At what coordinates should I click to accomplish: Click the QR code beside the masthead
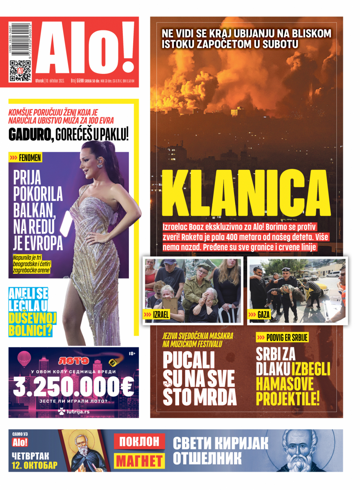pos(20,71)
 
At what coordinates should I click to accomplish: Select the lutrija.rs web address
pos(78,410)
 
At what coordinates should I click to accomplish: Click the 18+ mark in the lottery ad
pos(132,354)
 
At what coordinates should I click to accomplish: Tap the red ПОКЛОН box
pos(140,442)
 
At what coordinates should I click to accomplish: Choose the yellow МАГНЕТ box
pos(140,460)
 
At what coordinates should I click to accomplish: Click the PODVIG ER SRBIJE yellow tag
pos(282,338)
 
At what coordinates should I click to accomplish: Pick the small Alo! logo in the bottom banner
pos(20,442)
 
